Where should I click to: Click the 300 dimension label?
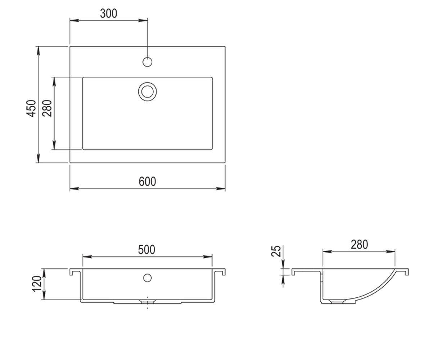tap(109, 13)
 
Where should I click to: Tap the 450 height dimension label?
tap(31, 108)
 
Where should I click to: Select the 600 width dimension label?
tap(147, 181)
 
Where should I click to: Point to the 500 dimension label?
tap(147, 249)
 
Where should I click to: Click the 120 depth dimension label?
tap(37, 284)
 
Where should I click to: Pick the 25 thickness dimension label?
tap(276, 251)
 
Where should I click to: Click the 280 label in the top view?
tap(47, 108)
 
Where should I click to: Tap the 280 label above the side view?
tap(359, 244)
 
